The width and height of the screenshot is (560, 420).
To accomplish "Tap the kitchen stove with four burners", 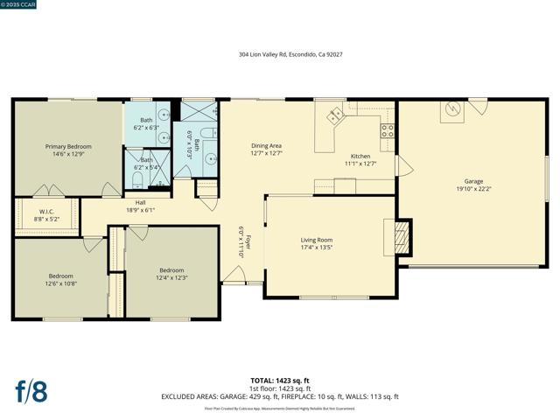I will (387, 132).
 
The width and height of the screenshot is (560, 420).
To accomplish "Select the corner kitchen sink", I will (335, 115).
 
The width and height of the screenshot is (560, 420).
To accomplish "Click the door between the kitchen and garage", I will (402, 166).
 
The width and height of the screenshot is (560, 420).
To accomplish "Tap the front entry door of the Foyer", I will (234, 278).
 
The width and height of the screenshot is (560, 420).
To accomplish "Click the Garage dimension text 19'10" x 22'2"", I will (473, 188).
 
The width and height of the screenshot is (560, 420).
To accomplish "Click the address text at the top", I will (290, 53).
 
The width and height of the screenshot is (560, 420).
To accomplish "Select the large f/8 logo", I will (31, 390).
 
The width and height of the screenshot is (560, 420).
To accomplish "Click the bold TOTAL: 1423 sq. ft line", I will (280, 381).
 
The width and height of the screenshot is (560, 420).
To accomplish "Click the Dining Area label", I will (266, 145).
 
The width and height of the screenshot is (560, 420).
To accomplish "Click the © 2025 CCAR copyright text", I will (21, 4).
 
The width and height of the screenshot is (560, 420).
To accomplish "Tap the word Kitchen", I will (360, 156).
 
